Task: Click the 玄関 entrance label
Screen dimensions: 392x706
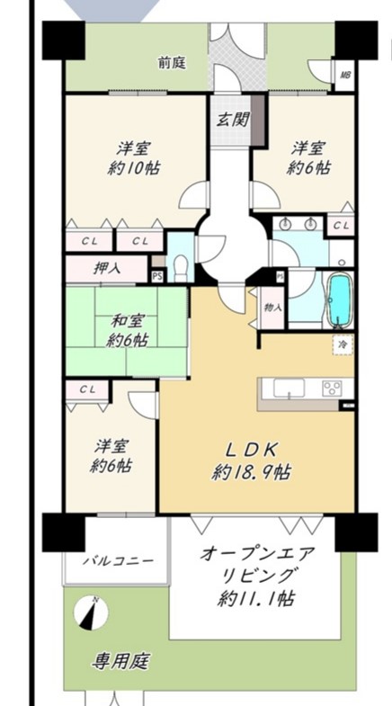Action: click(232, 120)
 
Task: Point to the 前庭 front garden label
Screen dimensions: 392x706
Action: click(172, 63)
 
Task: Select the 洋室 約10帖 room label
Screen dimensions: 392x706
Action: click(135, 157)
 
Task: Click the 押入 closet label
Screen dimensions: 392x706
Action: click(107, 269)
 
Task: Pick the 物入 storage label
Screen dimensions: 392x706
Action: click(272, 308)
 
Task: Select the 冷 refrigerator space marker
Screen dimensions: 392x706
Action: click(343, 344)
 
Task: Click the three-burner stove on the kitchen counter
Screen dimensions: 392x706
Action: click(332, 389)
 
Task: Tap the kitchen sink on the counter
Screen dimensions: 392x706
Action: click(289, 389)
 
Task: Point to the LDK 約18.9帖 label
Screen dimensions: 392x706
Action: click(252, 460)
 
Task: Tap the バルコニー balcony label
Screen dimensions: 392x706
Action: click(118, 561)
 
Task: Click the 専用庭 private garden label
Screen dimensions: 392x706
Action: click(120, 661)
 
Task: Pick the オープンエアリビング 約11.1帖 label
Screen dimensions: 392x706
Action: click(256, 576)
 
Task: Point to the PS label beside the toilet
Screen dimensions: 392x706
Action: click(157, 276)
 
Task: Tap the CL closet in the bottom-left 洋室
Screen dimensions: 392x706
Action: click(88, 390)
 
